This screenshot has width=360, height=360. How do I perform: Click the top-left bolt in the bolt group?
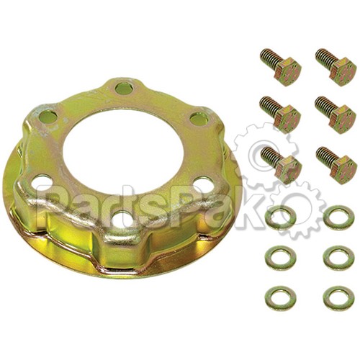[x=280, y=64]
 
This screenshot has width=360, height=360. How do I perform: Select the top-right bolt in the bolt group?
[x=336, y=64]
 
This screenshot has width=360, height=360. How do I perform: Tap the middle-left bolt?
[x=280, y=114]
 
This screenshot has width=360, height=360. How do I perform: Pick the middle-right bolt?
[x=336, y=114]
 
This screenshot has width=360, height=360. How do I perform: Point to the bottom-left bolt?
[x=281, y=165]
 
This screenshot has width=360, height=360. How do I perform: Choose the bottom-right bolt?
[x=336, y=165]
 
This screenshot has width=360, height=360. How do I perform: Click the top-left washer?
[x=280, y=217]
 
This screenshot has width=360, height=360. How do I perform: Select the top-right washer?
[x=338, y=217]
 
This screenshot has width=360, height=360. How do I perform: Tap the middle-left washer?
[x=280, y=258]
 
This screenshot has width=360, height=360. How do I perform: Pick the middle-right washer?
[x=338, y=258]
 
